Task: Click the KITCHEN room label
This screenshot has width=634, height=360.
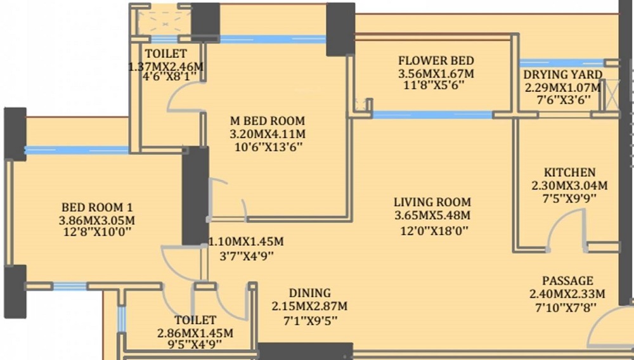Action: (x=569, y=172)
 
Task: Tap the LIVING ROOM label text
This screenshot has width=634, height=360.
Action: (x=432, y=202)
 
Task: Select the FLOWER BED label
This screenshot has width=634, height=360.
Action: (x=436, y=61)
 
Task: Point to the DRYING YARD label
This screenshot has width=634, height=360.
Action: (x=563, y=75)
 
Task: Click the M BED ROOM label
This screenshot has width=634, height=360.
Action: (x=268, y=121)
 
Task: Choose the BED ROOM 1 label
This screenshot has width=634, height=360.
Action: (x=96, y=208)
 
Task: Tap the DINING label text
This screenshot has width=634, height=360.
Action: (x=310, y=293)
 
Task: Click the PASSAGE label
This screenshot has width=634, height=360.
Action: (x=567, y=281)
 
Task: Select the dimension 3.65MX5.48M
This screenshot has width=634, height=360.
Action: (x=432, y=215)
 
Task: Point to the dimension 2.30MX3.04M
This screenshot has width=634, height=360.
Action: (x=569, y=186)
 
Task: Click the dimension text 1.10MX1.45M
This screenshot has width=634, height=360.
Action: (x=246, y=241)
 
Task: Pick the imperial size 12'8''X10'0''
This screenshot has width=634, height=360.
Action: (x=98, y=233)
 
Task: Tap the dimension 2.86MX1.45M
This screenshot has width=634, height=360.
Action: (x=195, y=333)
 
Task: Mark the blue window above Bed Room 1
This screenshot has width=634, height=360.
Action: (x=77, y=150)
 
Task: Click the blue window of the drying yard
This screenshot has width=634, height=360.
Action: (x=562, y=63)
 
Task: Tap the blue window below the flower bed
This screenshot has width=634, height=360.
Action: (x=432, y=115)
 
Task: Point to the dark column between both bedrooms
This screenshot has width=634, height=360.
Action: (x=195, y=196)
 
